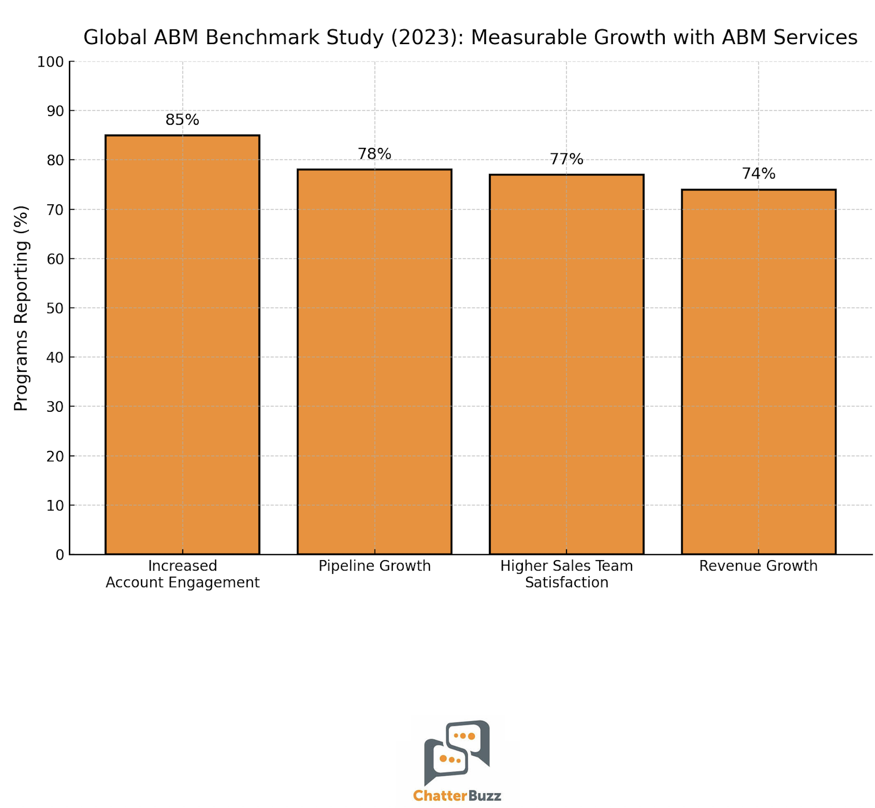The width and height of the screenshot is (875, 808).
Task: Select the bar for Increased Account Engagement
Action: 182,344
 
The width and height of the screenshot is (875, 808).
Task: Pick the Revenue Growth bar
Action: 758,371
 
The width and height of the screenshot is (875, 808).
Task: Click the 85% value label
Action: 182,120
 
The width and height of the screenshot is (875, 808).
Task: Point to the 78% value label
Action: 374,154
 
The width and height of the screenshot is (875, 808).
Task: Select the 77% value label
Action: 566,159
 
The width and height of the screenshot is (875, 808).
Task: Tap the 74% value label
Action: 758,174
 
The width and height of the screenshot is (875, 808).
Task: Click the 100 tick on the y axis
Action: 50,62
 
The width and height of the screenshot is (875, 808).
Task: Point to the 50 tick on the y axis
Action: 55,308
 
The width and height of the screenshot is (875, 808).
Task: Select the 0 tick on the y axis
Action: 60,555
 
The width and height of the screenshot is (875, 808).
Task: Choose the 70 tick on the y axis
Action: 55,210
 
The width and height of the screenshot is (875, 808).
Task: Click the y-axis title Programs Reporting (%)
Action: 21,308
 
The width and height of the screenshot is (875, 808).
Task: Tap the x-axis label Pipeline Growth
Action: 374,566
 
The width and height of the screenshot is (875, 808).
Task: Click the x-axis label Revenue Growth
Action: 758,566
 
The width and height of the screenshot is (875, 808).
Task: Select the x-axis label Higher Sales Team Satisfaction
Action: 566,574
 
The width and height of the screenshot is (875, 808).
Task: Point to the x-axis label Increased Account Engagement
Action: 182,574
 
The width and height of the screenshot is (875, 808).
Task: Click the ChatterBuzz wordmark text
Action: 457,795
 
